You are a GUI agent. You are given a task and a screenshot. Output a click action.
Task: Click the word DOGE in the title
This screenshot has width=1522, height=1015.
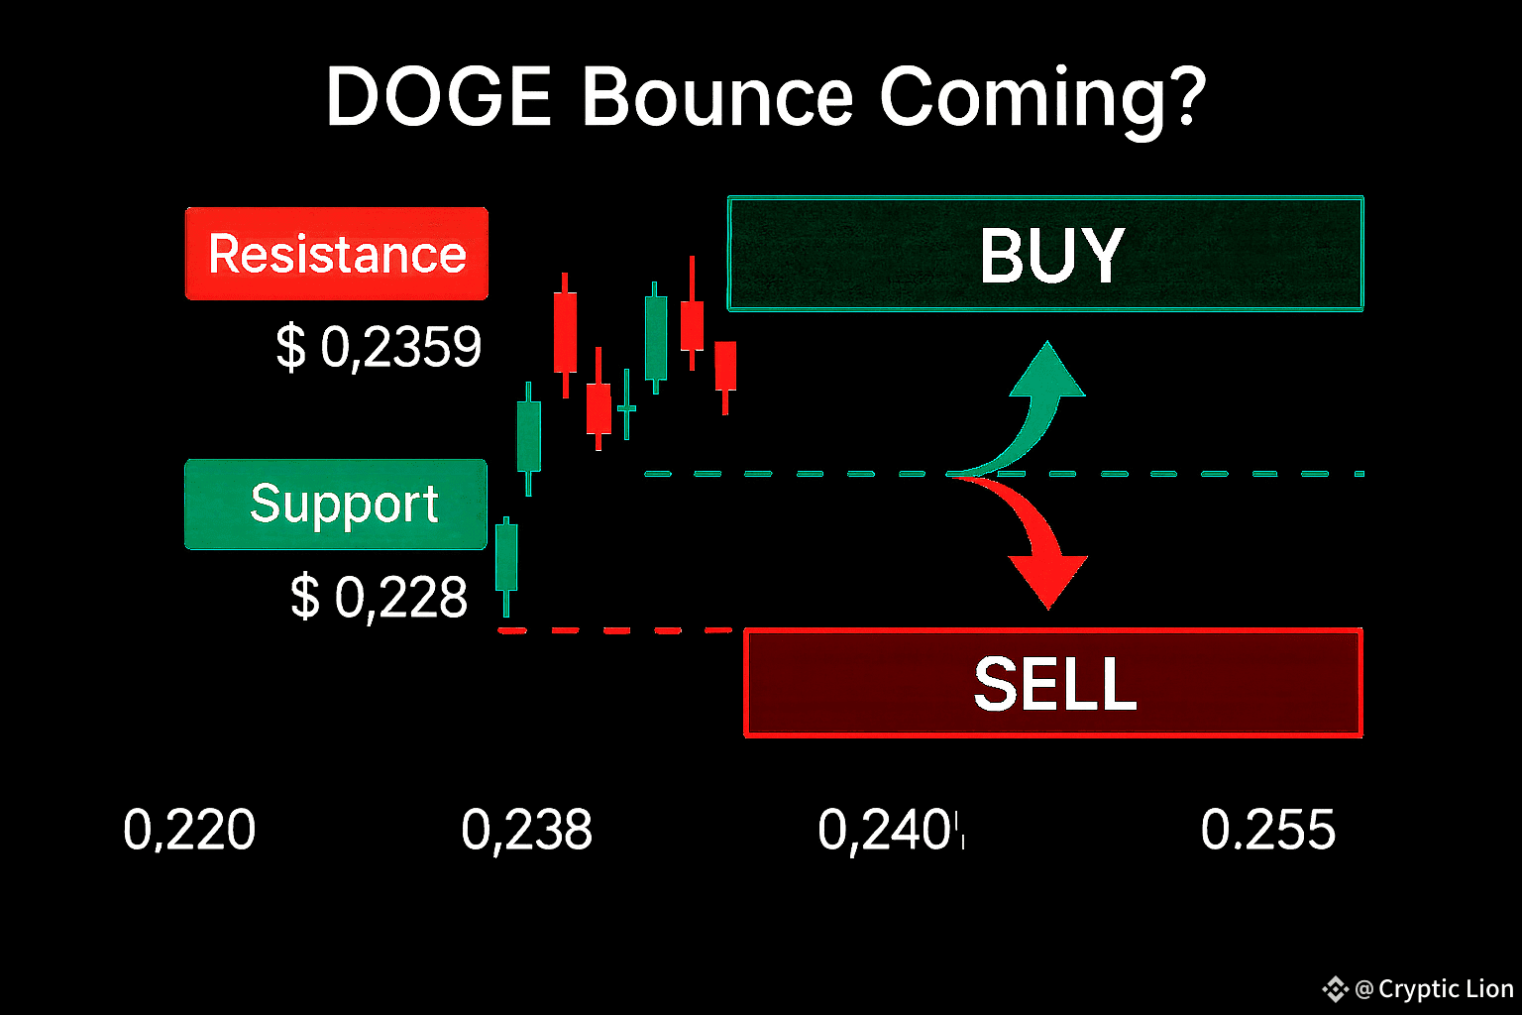[x=438, y=96]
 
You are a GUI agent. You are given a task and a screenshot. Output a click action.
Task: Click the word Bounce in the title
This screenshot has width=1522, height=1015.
[x=716, y=96]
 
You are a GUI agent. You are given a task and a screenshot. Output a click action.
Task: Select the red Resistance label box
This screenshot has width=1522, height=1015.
[x=336, y=254]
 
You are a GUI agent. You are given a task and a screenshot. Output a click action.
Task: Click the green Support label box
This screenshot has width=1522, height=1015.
[x=336, y=505]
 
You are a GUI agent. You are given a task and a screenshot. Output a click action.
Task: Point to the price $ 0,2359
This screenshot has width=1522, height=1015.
[x=379, y=348]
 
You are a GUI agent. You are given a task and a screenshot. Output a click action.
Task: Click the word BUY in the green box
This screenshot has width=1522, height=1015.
[x=1051, y=255]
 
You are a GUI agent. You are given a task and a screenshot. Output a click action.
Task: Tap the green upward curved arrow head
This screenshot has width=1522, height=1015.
[x=1047, y=371]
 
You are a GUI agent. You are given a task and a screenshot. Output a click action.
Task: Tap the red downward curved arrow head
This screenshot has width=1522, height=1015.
[x=1047, y=581]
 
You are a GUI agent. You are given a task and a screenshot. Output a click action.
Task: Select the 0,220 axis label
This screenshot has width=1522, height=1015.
[x=189, y=830]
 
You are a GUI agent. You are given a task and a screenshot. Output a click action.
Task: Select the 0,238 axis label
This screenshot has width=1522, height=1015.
[x=526, y=830]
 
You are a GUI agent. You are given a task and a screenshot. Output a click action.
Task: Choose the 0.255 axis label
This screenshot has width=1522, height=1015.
[x=1268, y=830]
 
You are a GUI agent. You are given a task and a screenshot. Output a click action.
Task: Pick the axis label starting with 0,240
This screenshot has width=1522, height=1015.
[x=891, y=830]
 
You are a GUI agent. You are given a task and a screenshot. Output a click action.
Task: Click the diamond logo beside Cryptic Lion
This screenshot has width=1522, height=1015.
[x=1335, y=989]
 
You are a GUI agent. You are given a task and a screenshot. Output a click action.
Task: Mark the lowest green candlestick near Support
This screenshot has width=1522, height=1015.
[x=506, y=566]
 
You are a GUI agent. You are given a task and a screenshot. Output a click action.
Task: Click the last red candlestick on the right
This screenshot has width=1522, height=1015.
[x=725, y=378]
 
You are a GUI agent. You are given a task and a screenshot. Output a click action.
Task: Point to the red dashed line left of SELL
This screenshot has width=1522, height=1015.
[x=615, y=630]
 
